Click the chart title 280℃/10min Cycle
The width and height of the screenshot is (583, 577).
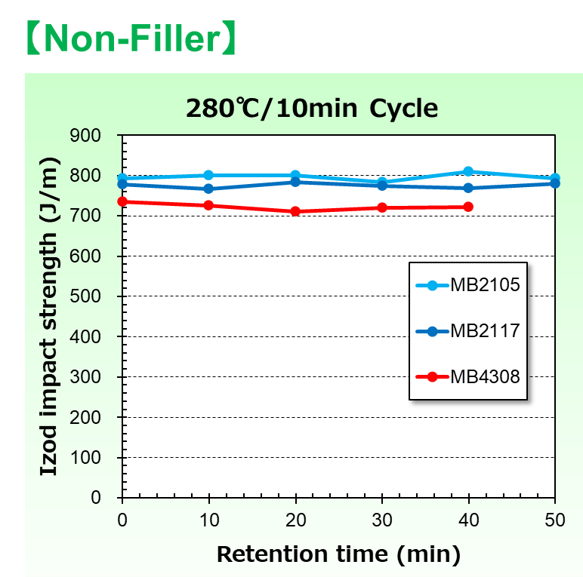pos(312,108)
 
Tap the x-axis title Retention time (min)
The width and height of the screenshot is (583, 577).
pos(338,554)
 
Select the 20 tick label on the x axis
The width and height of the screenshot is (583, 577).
pos(295,520)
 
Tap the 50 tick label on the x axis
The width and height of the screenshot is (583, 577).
pos(555,520)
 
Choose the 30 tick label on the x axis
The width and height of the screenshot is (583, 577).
pos(382,520)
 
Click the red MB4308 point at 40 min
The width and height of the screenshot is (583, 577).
pos(468,207)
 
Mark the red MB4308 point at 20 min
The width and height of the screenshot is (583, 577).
pos(295,211)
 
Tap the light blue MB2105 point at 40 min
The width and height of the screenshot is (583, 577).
pos(468,172)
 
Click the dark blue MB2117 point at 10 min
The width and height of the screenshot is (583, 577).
pos(208,189)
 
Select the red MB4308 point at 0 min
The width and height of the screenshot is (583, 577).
pos(122,201)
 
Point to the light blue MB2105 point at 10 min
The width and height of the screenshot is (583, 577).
pos(208,175)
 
